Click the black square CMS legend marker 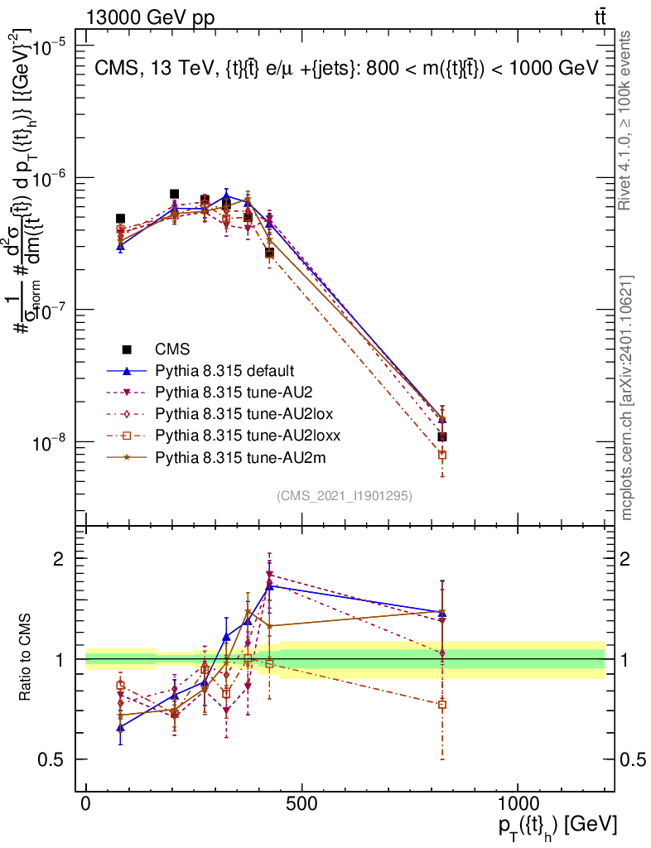tap(126, 349)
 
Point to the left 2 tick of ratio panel tap(59, 558)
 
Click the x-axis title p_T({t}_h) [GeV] tap(557, 826)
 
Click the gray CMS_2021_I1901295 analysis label tap(345, 495)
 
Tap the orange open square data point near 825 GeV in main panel tap(442, 455)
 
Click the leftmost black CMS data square tap(120, 219)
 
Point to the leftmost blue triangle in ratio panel tap(120, 727)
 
